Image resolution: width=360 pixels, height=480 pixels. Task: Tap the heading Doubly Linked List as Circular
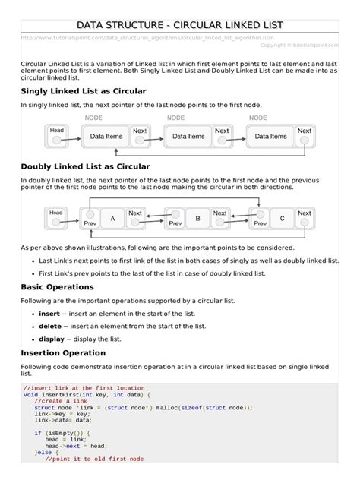click(85, 166)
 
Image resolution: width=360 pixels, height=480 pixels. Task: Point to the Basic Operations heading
click(58, 287)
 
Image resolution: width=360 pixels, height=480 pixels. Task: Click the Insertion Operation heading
click(63, 353)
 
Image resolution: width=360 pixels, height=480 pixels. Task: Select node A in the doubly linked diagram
click(112, 219)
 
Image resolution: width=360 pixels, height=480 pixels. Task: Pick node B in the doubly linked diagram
click(197, 219)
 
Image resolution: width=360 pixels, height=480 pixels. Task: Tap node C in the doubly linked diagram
click(282, 219)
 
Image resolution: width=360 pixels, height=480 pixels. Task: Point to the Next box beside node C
click(304, 214)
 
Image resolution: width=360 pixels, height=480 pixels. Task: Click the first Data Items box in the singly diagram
click(106, 137)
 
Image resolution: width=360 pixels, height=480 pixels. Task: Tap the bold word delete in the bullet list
click(50, 326)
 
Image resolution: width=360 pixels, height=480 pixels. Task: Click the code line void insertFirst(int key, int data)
click(87, 395)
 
